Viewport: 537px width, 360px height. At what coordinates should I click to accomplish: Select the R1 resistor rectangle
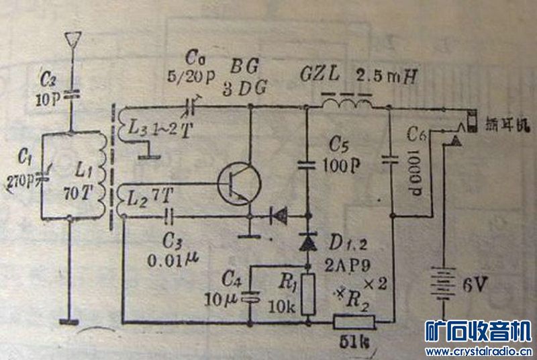308,294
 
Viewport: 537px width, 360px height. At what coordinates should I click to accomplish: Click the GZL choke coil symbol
346,105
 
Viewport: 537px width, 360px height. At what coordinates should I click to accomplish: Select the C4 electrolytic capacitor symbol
251,295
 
